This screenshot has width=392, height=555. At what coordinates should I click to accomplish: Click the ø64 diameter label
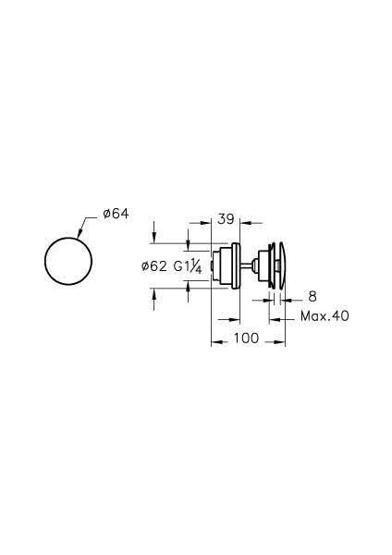(x=116, y=214)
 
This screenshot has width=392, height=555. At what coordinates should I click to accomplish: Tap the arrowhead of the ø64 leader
(x=80, y=233)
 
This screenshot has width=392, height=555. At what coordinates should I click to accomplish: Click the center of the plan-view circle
(x=68, y=261)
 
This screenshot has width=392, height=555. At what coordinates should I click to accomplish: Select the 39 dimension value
(x=226, y=219)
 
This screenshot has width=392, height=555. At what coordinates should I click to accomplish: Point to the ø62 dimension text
(x=153, y=265)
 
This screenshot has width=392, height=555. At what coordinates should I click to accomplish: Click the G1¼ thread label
(x=188, y=266)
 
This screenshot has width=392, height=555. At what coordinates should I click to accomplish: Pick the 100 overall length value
(x=246, y=338)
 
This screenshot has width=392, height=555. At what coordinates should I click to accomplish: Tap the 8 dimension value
(x=312, y=297)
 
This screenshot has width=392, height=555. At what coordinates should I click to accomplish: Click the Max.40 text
(x=325, y=315)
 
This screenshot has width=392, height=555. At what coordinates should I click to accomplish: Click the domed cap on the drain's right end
(x=282, y=265)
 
